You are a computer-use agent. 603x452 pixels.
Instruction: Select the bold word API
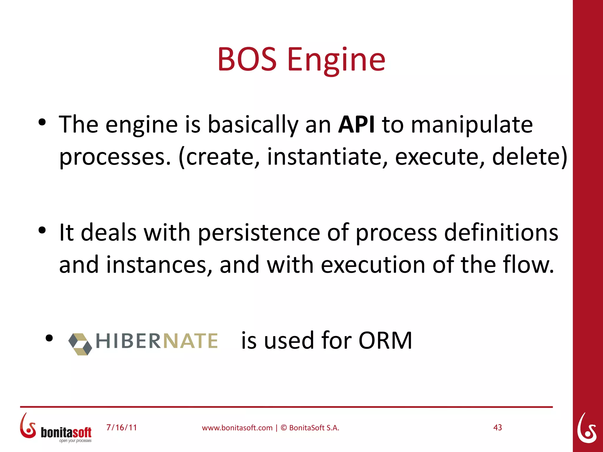point(356,125)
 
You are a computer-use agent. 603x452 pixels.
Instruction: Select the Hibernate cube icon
point(80,344)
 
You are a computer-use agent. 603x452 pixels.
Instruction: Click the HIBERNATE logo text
point(157,341)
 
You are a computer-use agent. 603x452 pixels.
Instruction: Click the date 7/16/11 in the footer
point(122,428)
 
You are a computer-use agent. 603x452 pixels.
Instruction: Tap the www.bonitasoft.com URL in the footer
point(237,428)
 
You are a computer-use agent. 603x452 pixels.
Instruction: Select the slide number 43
point(497,428)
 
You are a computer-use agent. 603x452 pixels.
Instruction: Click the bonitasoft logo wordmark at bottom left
point(66,432)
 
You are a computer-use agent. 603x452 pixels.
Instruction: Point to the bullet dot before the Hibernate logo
point(49,338)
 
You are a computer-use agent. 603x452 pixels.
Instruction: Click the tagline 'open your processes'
point(75,441)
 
